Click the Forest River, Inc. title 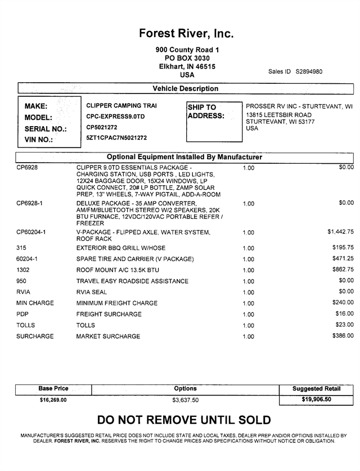(186, 34)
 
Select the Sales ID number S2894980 (309, 71)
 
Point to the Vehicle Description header (185, 88)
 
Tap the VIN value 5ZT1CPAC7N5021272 (116, 137)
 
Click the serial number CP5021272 (102, 127)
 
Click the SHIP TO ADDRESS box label (205, 111)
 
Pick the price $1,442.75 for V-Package (340, 231)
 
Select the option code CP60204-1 (31, 232)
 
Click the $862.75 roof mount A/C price (343, 270)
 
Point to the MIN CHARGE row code (35, 303)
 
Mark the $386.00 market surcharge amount (343, 336)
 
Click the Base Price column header (53, 388)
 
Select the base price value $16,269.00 (53, 400)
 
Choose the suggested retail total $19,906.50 (316, 400)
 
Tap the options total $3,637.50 (185, 400)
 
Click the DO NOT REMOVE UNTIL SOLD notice (184, 420)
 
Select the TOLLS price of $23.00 (345, 325)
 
